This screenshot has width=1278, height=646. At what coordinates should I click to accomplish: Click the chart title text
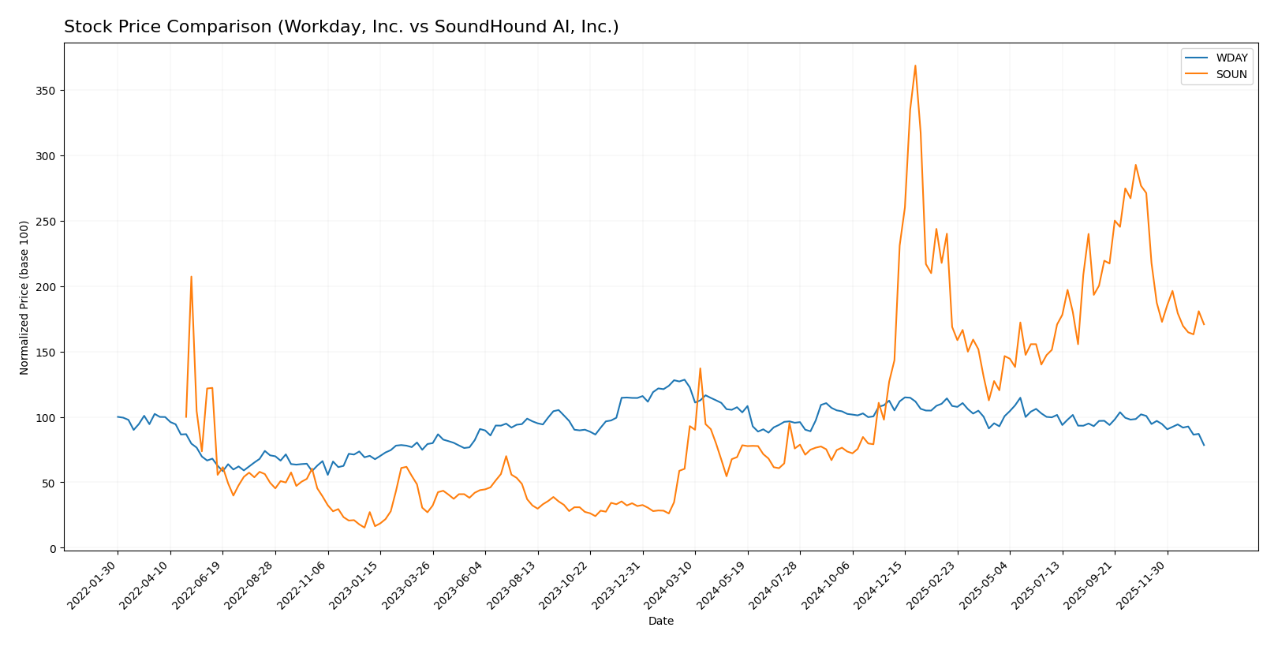(341, 27)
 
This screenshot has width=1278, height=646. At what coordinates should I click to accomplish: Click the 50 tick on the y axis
(50, 483)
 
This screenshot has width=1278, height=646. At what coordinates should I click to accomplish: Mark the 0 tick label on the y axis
(53, 548)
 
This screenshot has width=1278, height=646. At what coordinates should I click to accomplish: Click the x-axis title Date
(661, 622)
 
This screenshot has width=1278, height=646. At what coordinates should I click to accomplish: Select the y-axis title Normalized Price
(24, 297)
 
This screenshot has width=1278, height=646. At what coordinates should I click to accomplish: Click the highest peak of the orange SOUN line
(915, 65)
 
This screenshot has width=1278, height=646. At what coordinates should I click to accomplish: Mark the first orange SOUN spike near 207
(191, 277)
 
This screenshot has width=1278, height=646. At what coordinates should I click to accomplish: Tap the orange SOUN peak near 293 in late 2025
(1135, 165)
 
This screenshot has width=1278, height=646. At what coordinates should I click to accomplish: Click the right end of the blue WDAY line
(1204, 445)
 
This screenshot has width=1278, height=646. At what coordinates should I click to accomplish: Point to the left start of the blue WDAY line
(118, 416)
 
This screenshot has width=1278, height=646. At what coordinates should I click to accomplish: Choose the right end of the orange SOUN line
(1204, 324)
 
